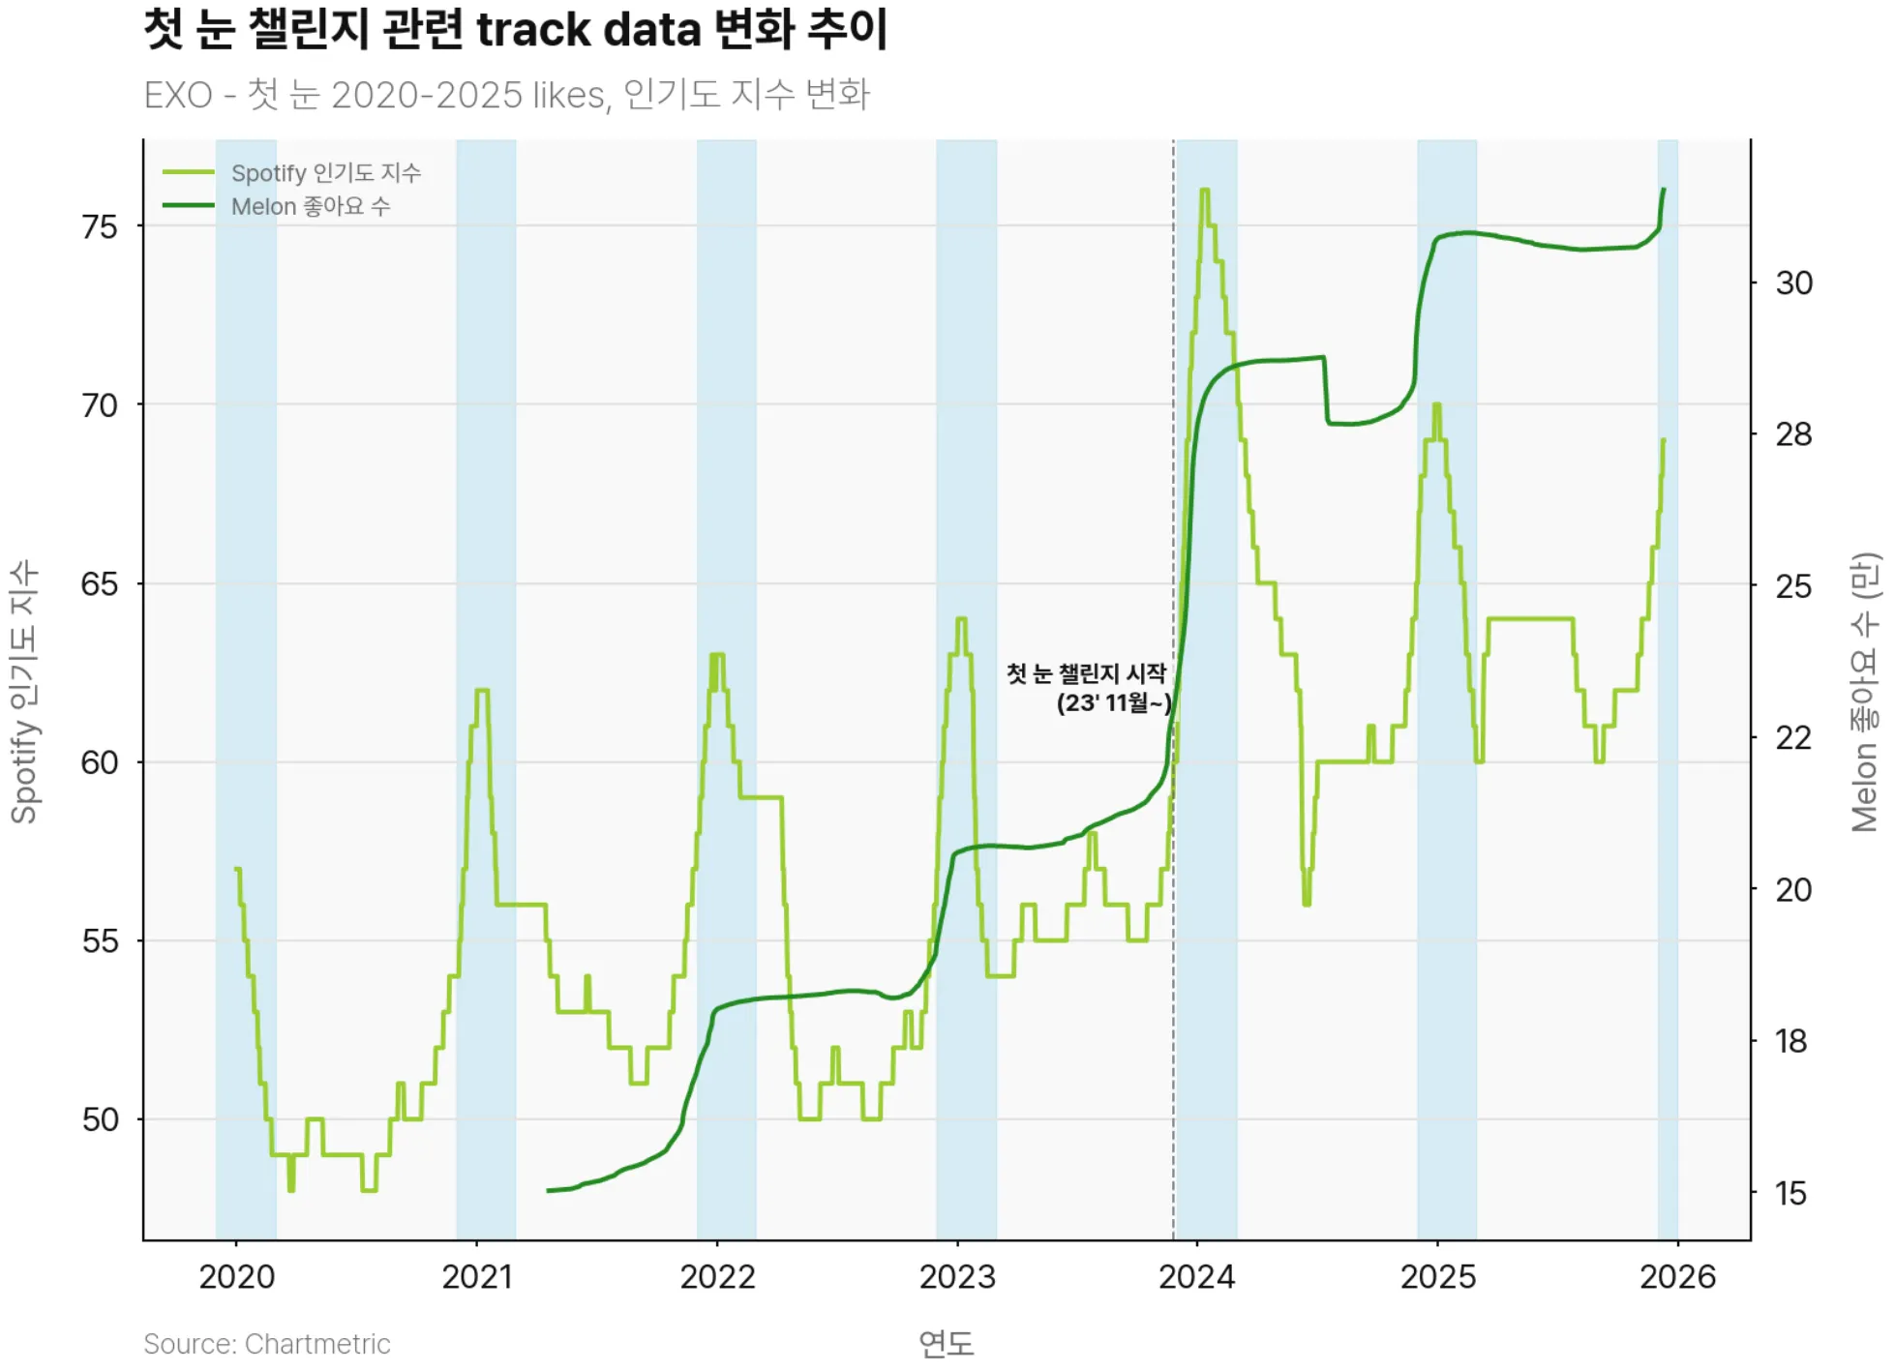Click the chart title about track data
click(x=515, y=29)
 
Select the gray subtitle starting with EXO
click(x=506, y=95)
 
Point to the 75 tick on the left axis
click(x=100, y=227)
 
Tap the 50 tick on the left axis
click(x=100, y=1120)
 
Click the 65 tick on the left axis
click(x=100, y=584)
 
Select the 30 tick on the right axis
click(x=1793, y=283)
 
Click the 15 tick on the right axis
click(x=1790, y=1194)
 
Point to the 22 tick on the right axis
click(x=1792, y=738)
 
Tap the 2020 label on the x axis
click(x=237, y=1277)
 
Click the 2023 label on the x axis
click(x=957, y=1277)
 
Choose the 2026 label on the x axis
click(x=1677, y=1277)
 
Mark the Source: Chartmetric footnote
click(x=266, y=1344)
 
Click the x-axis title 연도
click(x=946, y=1343)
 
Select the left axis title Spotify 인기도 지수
click(x=24, y=691)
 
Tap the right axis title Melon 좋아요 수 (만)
click(x=1865, y=691)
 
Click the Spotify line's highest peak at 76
click(x=1205, y=191)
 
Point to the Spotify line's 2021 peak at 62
click(x=482, y=691)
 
